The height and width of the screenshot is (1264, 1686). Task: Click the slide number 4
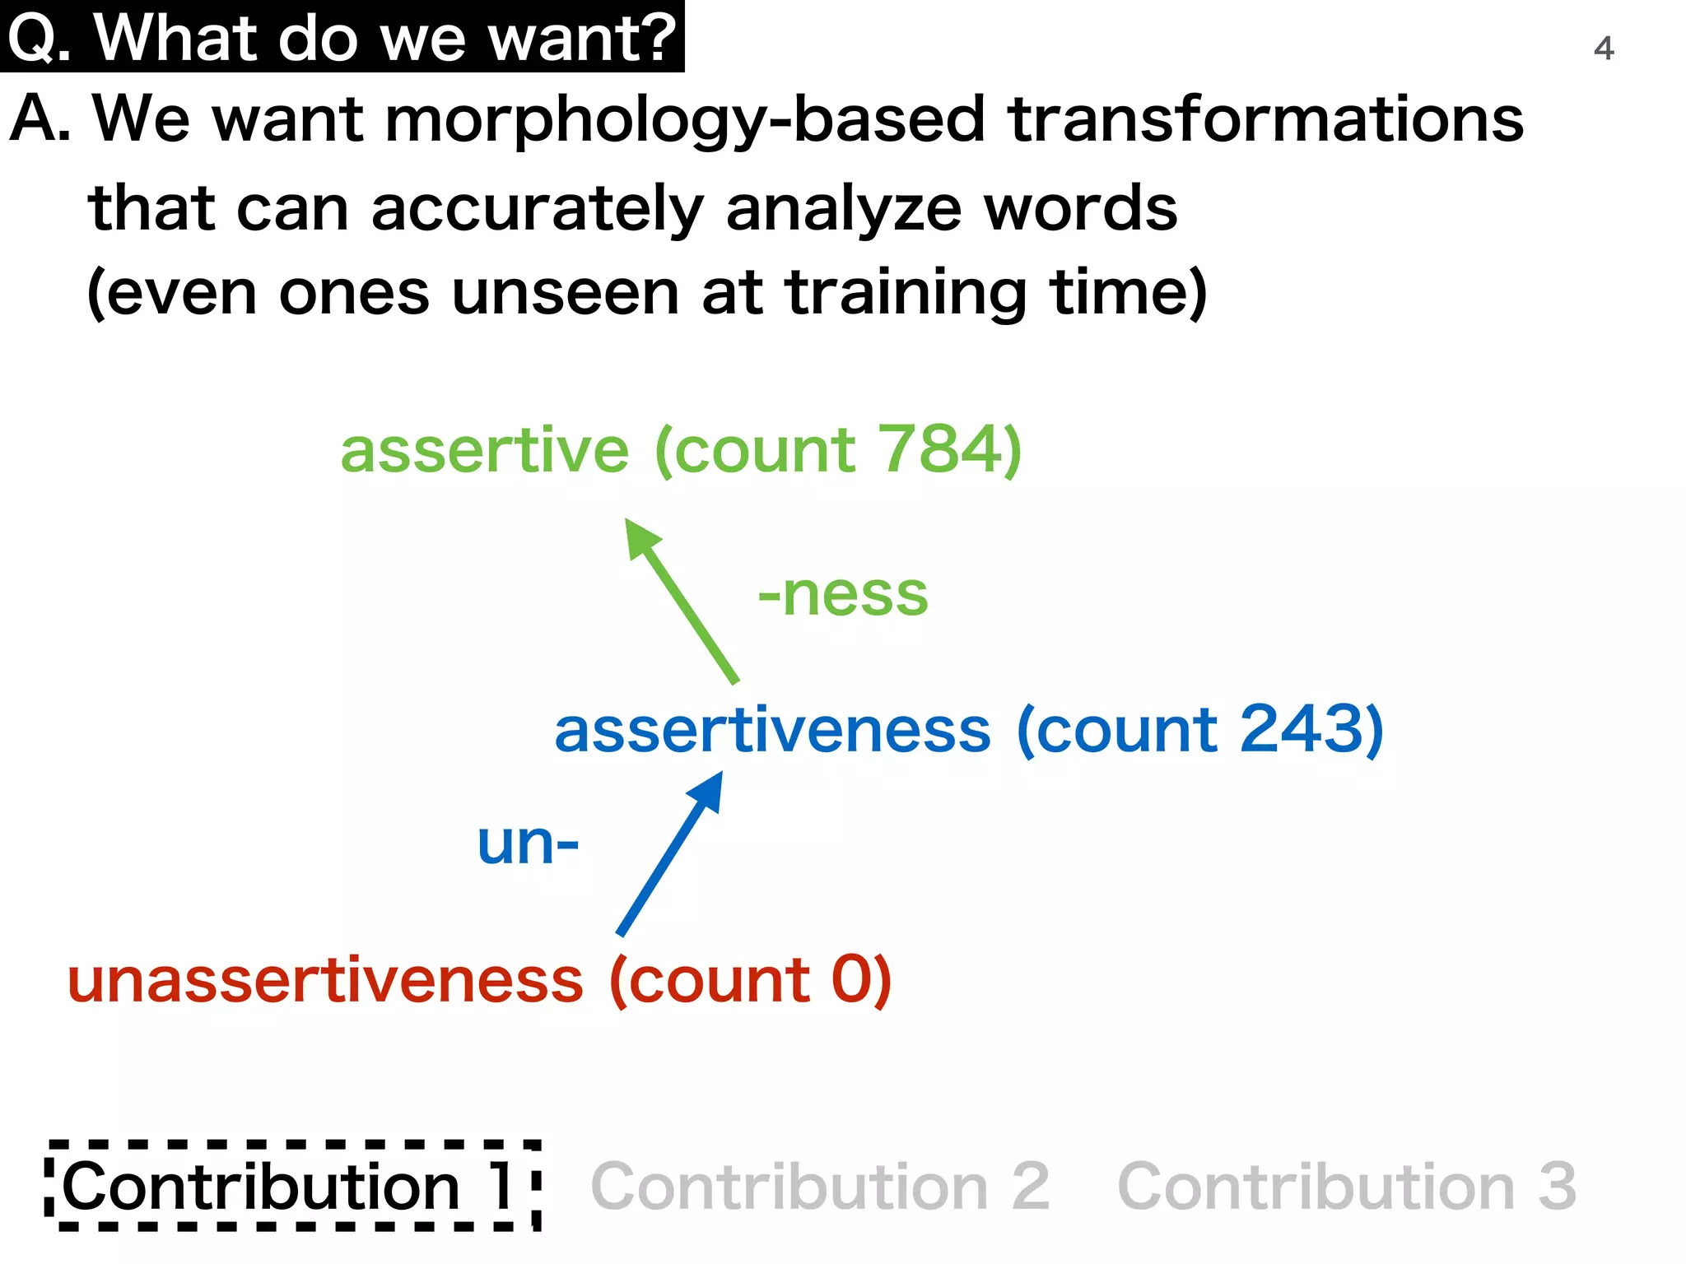1603,49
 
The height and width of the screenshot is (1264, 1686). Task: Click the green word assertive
484,452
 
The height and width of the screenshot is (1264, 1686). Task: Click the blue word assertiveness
772,731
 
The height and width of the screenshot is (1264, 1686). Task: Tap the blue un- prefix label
528,844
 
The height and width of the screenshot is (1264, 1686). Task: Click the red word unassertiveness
325,981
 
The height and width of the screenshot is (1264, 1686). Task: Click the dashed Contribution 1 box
292,1186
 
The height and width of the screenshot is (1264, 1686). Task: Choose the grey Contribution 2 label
820,1187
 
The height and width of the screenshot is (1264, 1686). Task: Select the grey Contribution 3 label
1346,1187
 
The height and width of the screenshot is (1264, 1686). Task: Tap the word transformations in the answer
1265,119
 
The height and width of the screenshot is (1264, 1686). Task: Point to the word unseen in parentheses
566,294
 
